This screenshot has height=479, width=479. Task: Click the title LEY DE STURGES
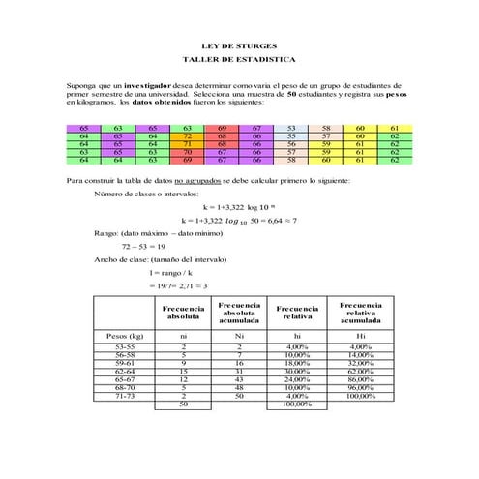tap(238, 45)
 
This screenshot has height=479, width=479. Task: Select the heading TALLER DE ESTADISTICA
tap(238, 60)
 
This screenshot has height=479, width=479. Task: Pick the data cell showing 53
tap(291, 128)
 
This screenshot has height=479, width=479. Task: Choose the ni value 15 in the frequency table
tap(183, 370)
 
